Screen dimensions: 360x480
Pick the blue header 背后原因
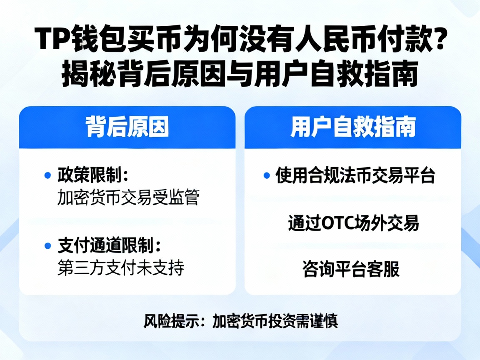[x=127, y=127]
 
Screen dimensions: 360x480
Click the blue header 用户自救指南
[x=352, y=127]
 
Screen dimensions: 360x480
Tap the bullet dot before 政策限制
[x=47, y=175]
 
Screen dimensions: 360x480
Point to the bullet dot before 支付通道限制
[x=47, y=245]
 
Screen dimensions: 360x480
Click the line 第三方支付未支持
[x=120, y=268]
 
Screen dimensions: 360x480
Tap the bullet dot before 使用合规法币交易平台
[x=267, y=175]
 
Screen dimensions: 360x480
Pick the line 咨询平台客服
[x=351, y=270]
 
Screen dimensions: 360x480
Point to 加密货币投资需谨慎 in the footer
[x=275, y=321]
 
